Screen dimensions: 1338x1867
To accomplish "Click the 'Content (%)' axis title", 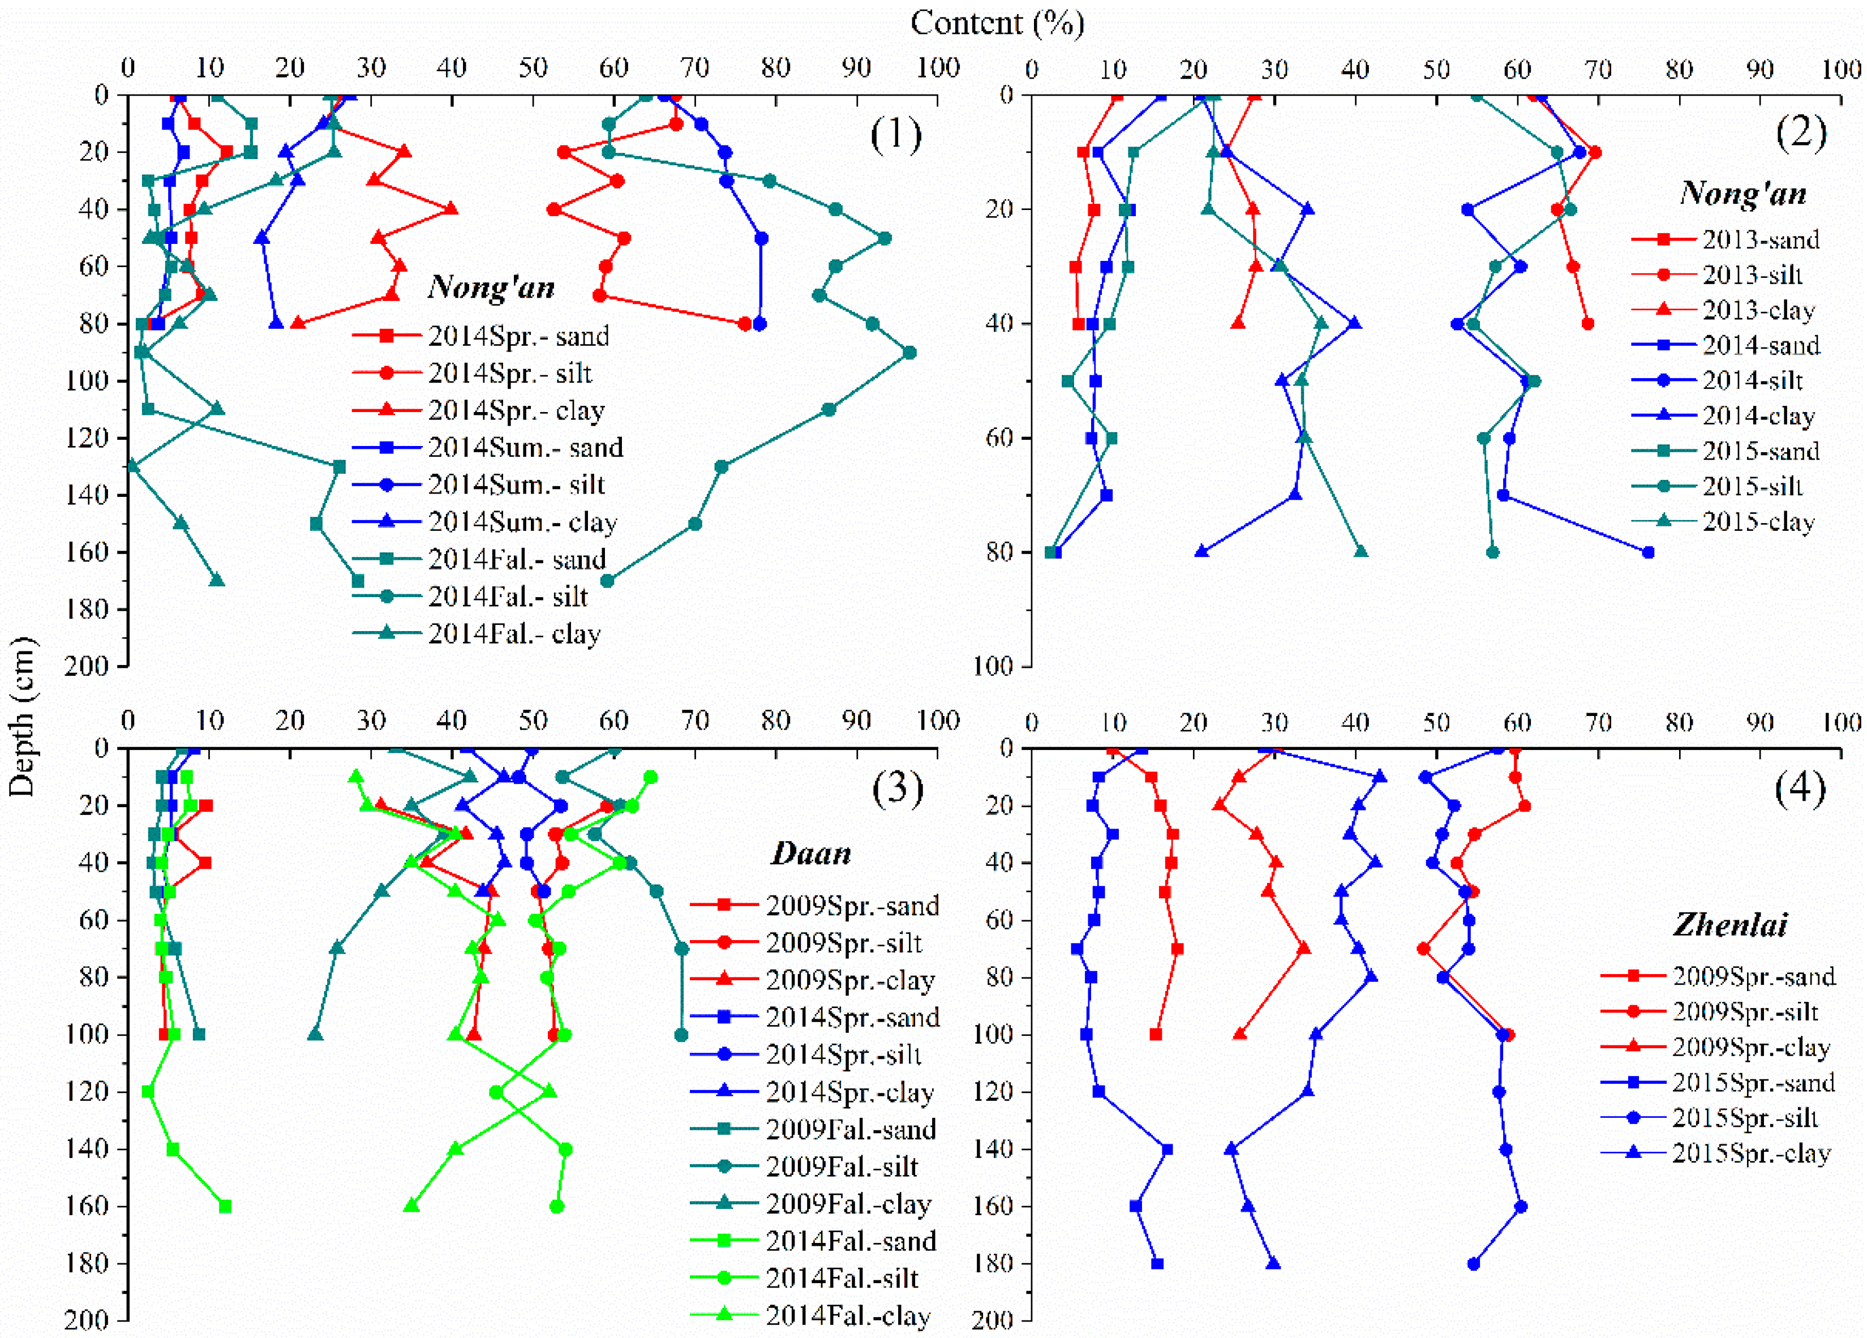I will [997, 23].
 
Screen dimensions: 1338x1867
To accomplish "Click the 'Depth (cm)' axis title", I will [22, 717].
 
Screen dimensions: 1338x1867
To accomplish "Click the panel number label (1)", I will [896, 134].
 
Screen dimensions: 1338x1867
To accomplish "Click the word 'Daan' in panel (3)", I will [811, 853].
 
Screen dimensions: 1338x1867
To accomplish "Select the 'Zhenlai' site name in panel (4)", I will [1729, 925].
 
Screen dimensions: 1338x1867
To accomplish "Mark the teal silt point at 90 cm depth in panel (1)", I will [909, 353].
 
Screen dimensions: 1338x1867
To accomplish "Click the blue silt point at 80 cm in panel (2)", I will [1647, 552].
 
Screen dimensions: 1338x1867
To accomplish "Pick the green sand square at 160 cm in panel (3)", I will [225, 1206].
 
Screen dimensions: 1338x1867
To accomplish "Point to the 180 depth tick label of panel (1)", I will [89, 610].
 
